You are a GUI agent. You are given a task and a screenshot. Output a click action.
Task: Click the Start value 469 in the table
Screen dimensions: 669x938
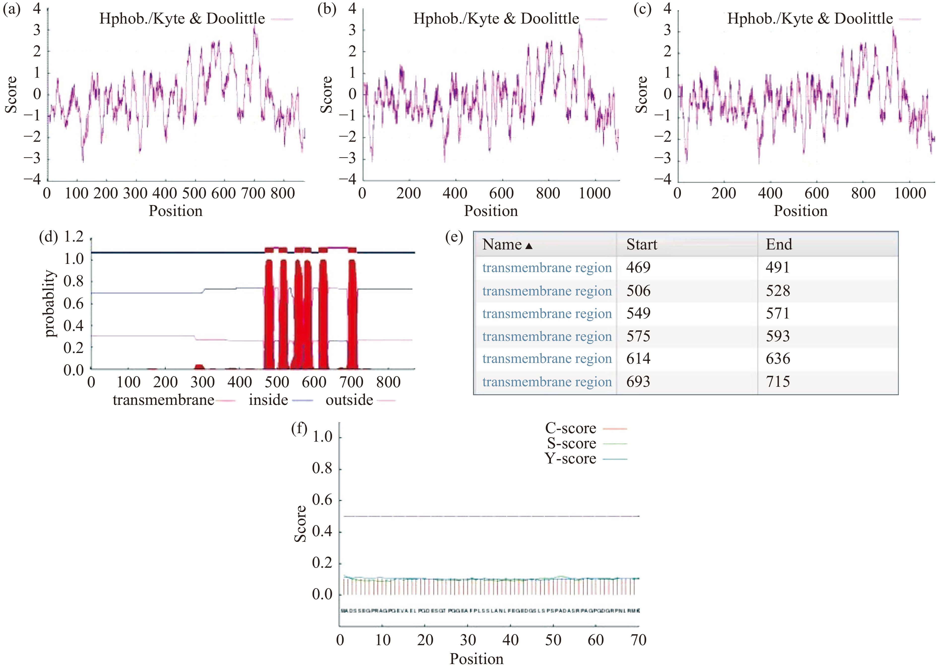coord(638,268)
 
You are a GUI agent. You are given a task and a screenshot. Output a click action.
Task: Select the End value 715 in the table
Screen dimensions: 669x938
coord(777,382)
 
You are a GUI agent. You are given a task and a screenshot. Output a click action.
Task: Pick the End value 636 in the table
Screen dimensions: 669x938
coord(777,359)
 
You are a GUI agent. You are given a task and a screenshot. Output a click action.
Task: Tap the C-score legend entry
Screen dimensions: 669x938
coord(571,428)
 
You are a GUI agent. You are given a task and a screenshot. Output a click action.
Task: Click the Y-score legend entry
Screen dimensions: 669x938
coord(571,458)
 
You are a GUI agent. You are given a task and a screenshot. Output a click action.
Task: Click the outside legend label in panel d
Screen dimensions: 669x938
coord(349,400)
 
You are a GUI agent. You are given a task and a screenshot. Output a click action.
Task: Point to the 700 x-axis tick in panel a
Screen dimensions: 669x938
coord(253,193)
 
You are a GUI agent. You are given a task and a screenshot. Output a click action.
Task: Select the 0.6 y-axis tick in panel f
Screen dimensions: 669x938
coord(322,500)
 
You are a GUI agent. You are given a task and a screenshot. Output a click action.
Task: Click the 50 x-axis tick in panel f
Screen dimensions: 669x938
coord(553,640)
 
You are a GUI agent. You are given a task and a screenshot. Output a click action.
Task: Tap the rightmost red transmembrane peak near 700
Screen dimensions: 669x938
coord(352,313)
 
